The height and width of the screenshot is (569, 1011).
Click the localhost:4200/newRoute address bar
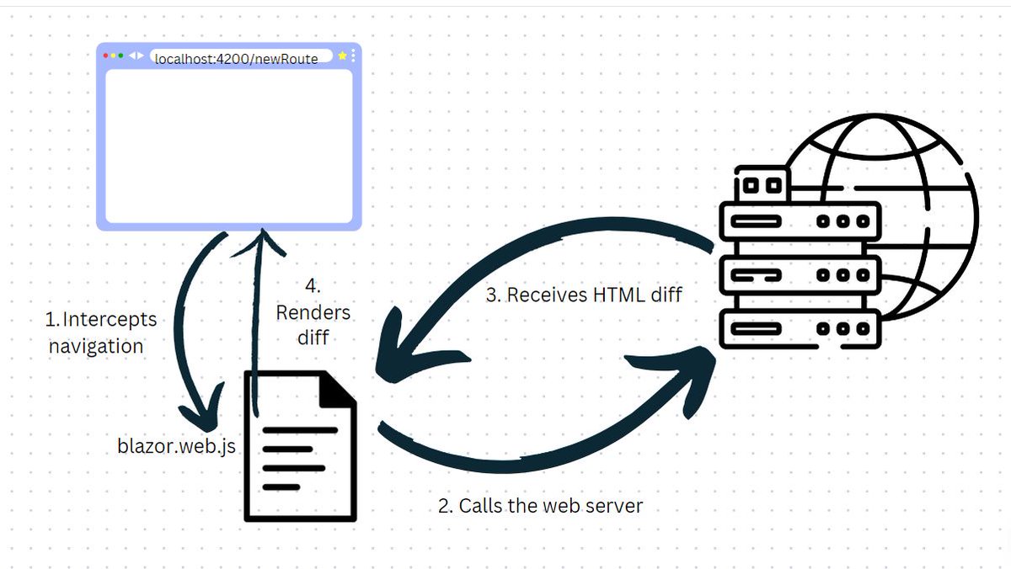click(237, 57)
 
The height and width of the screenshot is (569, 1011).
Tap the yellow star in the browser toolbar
click(342, 56)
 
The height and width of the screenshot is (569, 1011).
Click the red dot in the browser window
click(105, 56)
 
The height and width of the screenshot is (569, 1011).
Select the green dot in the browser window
click(120, 56)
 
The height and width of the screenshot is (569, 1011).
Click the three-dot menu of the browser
click(353, 56)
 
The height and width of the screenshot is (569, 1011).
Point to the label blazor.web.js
click(177, 446)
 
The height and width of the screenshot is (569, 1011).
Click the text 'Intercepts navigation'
click(101, 332)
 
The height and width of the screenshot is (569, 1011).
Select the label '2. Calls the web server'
click(540, 506)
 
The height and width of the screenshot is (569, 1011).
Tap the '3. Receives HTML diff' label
click(585, 295)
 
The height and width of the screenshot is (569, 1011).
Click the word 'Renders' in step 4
click(313, 313)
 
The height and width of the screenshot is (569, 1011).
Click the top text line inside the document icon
click(300, 430)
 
